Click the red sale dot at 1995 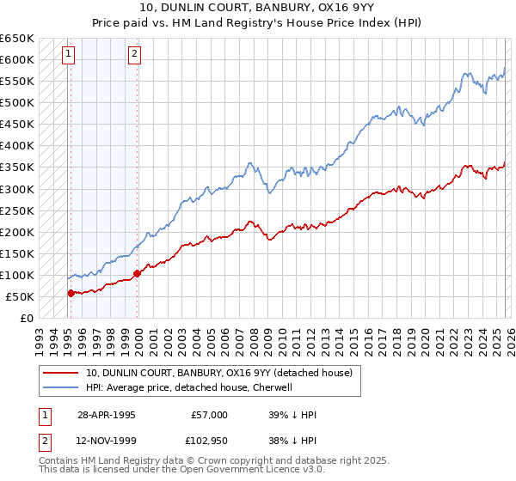pos(71,293)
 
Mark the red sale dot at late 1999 pos(137,273)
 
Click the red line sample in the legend pos(61,373)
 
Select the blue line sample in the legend pos(61,387)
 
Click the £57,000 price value pos(210,415)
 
